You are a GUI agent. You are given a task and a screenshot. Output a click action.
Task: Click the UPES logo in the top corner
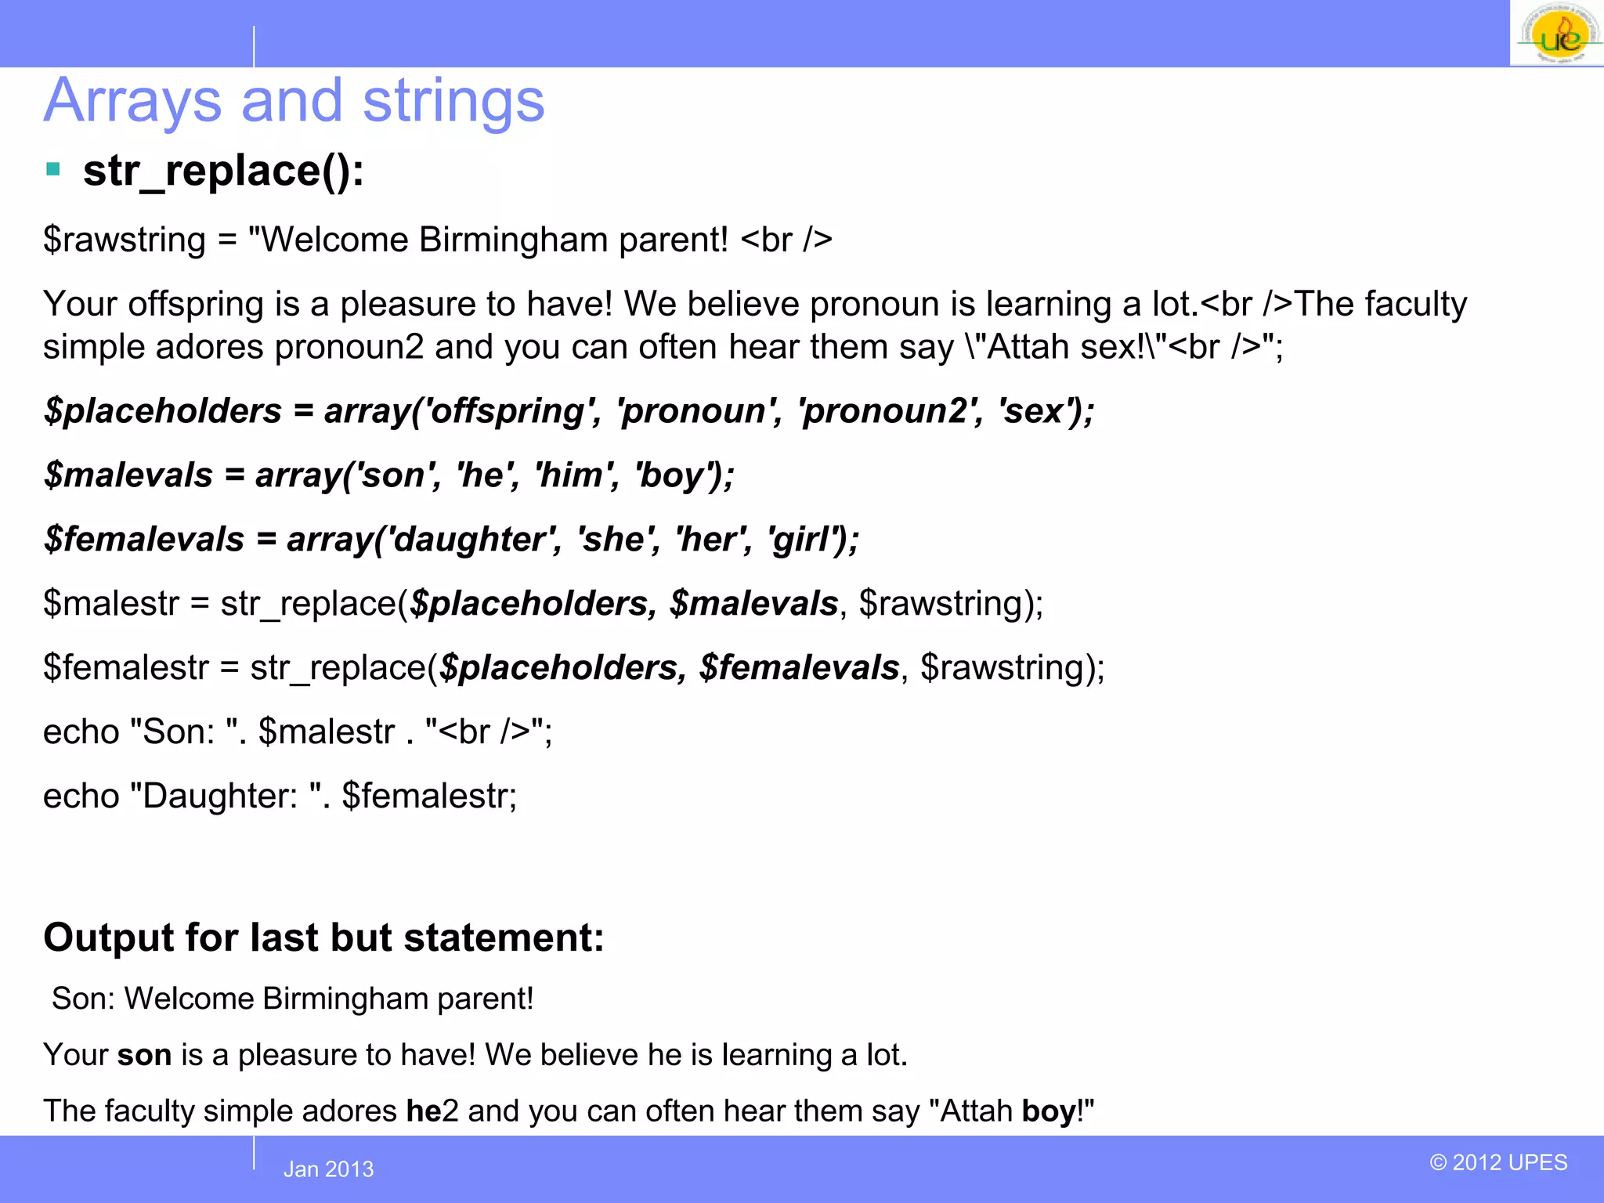pyautogui.click(x=1557, y=34)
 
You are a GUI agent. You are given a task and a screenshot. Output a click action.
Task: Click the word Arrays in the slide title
pyautogui.click(x=133, y=102)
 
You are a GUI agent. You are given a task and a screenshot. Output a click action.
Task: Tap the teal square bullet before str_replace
pyautogui.click(x=53, y=169)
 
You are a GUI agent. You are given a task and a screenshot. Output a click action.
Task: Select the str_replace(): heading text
pyautogui.click(x=223, y=171)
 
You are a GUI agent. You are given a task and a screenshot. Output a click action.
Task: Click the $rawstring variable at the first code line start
pyautogui.click(x=125, y=240)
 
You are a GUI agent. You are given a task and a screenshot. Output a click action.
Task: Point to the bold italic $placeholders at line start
pyautogui.click(x=163, y=411)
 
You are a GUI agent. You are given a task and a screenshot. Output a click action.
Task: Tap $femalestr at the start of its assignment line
pyautogui.click(x=126, y=668)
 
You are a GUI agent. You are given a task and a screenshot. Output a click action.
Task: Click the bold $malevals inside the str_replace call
pyautogui.click(x=753, y=604)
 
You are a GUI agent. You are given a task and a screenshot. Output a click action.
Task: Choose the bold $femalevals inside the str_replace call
pyautogui.click(x=799, y=668)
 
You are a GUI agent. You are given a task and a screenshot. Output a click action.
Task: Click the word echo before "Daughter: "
pyautogui.click(x=81, y=797)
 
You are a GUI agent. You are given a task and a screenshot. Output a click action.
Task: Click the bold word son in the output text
pyautogui.click(x=144, y=1055)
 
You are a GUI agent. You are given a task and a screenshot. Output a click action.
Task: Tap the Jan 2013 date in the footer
pyautogui.click(x=328, y=1169)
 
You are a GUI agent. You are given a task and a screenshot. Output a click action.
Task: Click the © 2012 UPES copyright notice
pyautogui.click(x=1498, y=1162)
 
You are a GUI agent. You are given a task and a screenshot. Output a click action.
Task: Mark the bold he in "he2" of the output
pyautogui.click(x=423, y=1111)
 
